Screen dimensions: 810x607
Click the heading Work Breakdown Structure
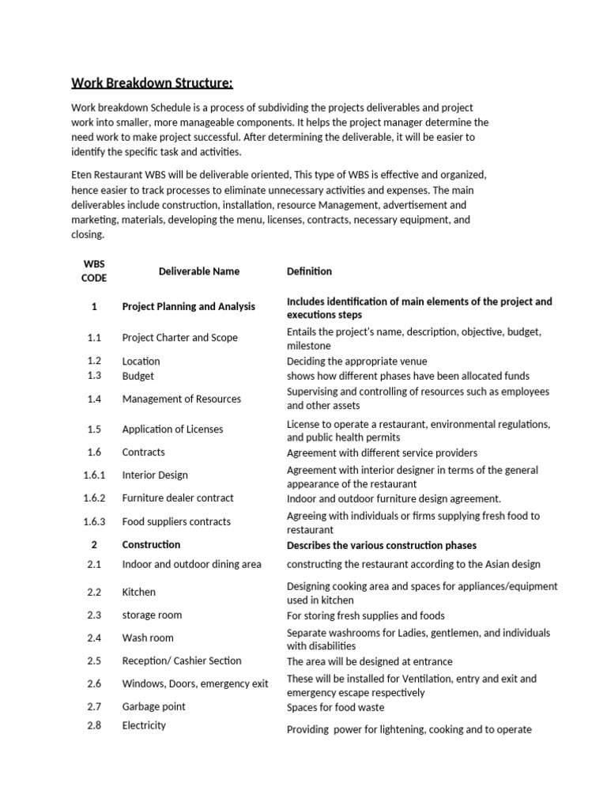click(x=153, y=83)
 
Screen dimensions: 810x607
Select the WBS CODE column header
click(x=94, y=271)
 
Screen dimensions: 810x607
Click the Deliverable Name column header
click(x=198, y=271)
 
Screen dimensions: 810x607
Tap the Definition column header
click(x=309, y=271)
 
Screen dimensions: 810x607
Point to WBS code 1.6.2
click(x=94, y=498)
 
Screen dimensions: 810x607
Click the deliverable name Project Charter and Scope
click(x=179, y=338)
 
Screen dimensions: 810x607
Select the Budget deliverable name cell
click(x=138, y=376)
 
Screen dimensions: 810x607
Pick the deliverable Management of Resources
click(x=182, y=399)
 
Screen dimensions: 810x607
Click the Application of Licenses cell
click(x=172, y=430)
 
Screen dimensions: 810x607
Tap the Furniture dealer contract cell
click(x=178, y=498)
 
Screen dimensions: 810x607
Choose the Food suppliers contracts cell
click(x=176, y=522)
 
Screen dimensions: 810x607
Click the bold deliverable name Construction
click(x=151, y=545)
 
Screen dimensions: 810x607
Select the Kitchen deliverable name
click(x=139, y=592)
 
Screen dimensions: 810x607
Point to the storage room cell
click(x=152, y=615)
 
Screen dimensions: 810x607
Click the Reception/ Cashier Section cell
click(x=182, y=660)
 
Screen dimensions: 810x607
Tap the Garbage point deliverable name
click(x=154, y=706)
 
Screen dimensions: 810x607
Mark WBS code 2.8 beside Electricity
click(x=94, y=725)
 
